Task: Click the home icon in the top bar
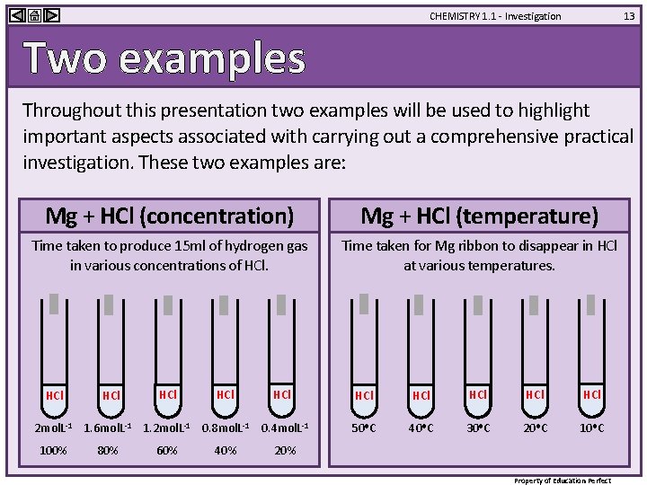(32, 14)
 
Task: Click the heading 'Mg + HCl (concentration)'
(170, 216)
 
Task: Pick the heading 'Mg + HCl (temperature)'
(479, 216)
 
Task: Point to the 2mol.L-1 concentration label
(53, 428)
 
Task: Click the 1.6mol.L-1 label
(108, 428)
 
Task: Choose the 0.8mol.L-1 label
(225, 428)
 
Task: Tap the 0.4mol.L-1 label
(284, 428)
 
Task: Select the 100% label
(53, 450)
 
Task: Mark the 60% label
(166, 450)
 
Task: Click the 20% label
(284, 450)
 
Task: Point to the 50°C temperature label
(364, 428)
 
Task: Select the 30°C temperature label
(478, 428)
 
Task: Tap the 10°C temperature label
(591, 428)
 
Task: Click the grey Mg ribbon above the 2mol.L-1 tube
(54, 304)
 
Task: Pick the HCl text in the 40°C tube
(421, 395)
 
